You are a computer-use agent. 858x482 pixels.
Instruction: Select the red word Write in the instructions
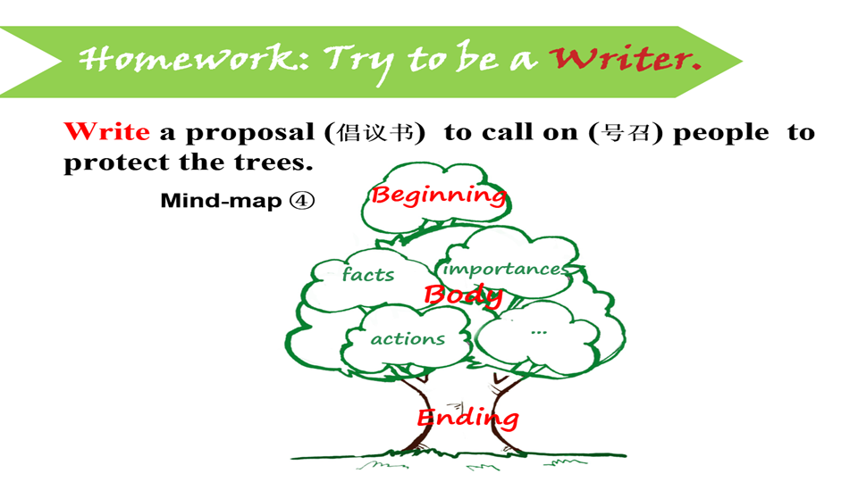coord(106,132)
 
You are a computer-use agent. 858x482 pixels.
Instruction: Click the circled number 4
coord(302,201)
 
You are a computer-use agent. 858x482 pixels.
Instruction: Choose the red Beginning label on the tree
coord(438,195)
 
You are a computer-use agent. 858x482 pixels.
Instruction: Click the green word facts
coord(368,275)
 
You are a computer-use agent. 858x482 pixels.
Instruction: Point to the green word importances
coord(505,269)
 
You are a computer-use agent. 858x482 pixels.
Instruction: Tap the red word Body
coord(462,295)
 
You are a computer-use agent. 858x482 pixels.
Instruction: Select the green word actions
coord(408,339)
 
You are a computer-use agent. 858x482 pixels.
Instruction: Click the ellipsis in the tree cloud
coord(538,331)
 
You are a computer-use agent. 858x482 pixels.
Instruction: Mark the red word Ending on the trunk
coord(467,417)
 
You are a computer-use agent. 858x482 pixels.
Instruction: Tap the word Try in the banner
coord(362,60)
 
